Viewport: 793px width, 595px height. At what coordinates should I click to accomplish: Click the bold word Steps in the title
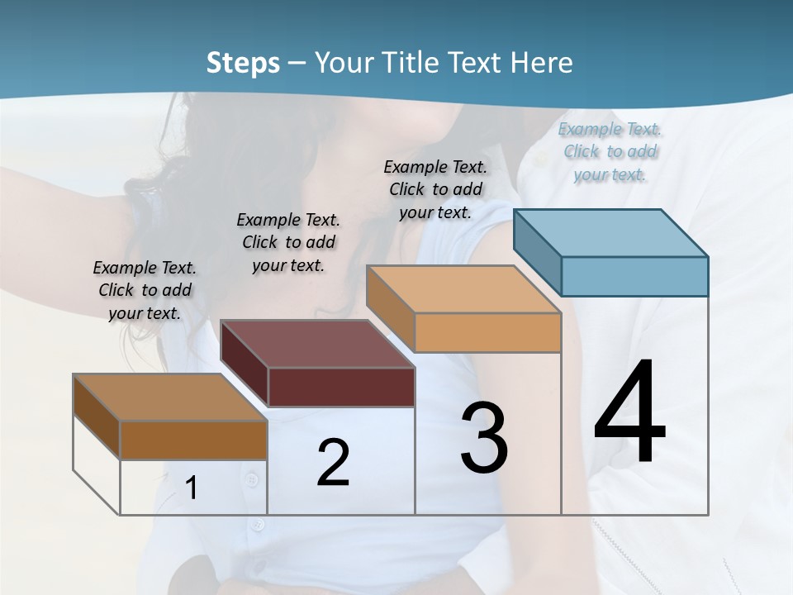coord(243,63)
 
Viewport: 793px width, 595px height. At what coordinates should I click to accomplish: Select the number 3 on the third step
coord(484,438)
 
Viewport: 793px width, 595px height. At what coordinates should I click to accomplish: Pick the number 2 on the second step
coord(333,463)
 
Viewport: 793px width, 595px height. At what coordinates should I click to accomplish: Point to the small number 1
coord(192,488)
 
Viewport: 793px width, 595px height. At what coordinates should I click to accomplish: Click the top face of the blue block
coord(611,232)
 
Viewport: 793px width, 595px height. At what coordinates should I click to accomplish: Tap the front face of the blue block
coord(634,276)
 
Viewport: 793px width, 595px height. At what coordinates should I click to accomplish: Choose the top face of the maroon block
coord(318,344)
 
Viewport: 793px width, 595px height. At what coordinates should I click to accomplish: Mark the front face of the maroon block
coord(341,387)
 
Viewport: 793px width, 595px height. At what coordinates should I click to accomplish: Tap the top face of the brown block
coord(170,397)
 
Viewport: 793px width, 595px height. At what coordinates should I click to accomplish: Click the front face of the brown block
coord(193,440)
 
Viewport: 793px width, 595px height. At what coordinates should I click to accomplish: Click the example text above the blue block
coord(610,151)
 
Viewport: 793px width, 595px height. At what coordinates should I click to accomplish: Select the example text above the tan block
coord(435,189)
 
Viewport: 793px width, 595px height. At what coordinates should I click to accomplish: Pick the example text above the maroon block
coord(288,242)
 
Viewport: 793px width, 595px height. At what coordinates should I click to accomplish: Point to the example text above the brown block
coord(145,290)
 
